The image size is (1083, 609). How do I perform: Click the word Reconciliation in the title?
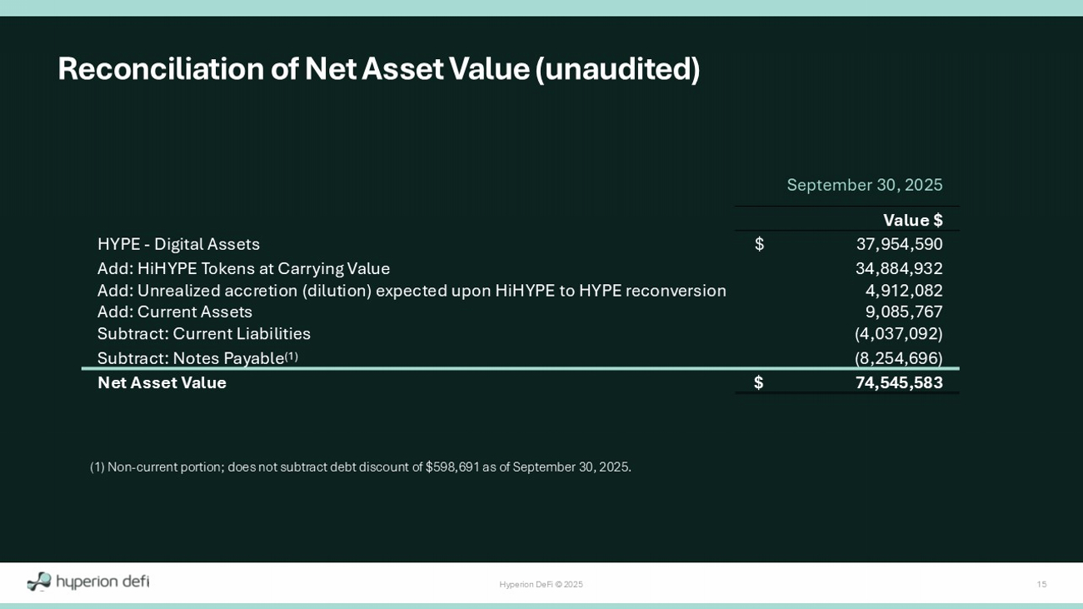click(x=161, y=68)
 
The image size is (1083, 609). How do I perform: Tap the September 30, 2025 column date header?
click(x=865, y=185)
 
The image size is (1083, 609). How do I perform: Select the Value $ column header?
click(x=913, y=221)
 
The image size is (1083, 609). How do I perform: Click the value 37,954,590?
click(x=899, y=244)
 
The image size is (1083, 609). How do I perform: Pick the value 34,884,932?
click(x=899, y=268)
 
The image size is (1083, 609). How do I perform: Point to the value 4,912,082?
click(x=904, y=291)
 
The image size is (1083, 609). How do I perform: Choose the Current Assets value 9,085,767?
click(x=904, y=312)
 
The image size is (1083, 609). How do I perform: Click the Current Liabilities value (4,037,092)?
click(x=899, y=333)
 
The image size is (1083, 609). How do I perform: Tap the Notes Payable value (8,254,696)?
click(x=899, y=358)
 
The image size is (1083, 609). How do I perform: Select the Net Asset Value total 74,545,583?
click(x=899, y=382)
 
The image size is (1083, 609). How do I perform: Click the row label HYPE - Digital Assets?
click(x=178, y=244)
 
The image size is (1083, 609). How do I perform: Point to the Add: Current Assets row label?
click(x=175, y=312)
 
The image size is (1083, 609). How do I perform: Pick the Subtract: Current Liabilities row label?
click(x=204, y=333)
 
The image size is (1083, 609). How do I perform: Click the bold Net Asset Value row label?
click(x=162, y=382)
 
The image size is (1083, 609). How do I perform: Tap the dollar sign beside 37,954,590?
click(x=759, y=244)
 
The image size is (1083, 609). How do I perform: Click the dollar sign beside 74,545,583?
click(x=759, y=382)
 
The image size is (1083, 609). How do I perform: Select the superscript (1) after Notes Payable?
click(x=291, y=357)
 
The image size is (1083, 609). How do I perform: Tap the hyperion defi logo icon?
click(x=39, y=582)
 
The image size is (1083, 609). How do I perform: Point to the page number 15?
click(x=1041, y=584)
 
